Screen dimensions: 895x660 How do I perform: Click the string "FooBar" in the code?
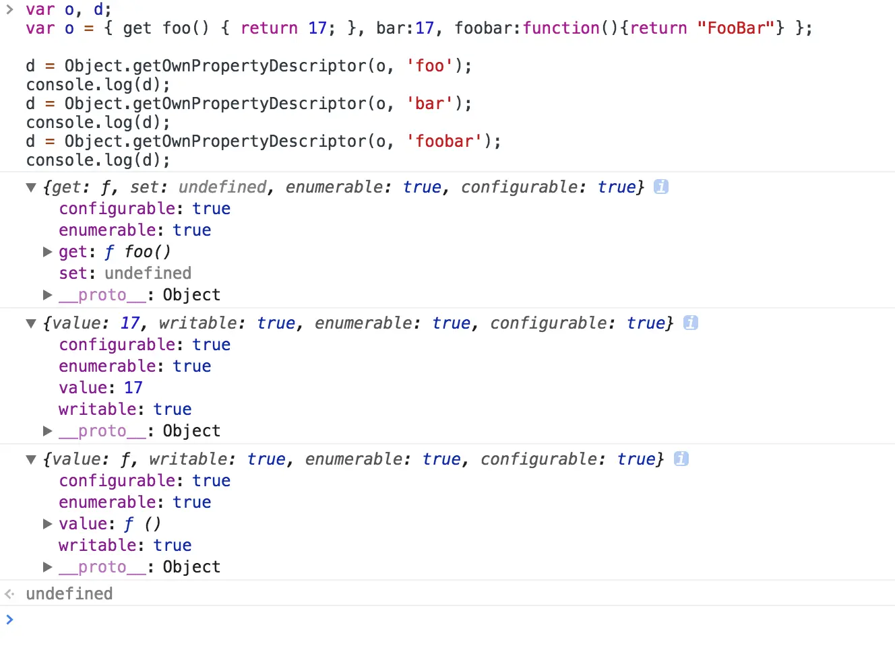tap(736, 28)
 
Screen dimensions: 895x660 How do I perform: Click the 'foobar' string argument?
tap(444, 141)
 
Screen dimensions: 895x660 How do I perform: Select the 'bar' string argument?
tap(429, 104)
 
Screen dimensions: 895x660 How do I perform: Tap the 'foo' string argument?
tap(429, 66)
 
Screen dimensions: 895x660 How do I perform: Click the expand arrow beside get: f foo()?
tap(47, 252)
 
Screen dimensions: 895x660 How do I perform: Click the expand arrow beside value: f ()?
tap(47, 524)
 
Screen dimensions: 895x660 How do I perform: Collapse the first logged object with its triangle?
tap(31, 187)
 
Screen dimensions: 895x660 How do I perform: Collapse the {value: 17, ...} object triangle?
tap(31, 323)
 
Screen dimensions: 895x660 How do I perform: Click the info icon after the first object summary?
tap(661, 187)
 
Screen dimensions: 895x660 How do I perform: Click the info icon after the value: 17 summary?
tap(690, 323)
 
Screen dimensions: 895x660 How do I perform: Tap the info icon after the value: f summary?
tap(681, 459)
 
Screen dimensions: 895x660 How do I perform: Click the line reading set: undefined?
tap(125, 273)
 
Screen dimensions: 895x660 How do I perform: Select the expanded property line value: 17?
tap(100, 388)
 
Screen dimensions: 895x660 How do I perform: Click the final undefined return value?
tap(69, 594)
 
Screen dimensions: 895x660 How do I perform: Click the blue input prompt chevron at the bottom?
tap(9, 619)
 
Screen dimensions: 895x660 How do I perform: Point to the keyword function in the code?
tap(561, 28)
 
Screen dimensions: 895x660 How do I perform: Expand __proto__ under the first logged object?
tap(47, 295)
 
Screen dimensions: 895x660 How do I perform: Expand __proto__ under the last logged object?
tap(47, 567)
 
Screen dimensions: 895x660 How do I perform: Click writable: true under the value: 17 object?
tap(125, 409)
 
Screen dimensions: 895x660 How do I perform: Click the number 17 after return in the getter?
tap(317, 28)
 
